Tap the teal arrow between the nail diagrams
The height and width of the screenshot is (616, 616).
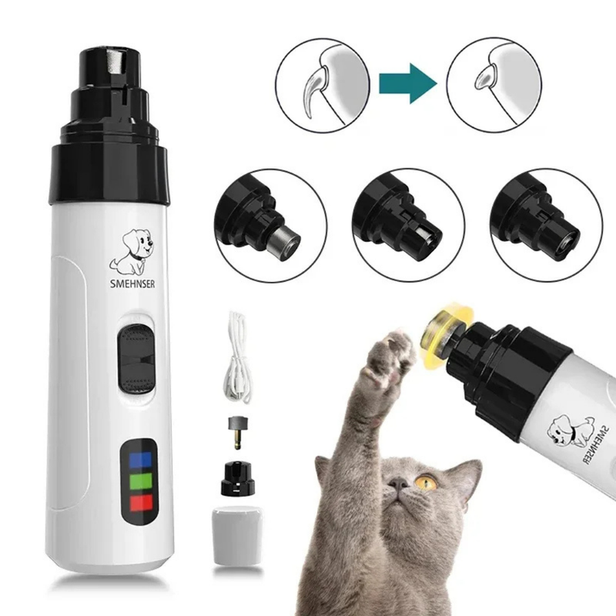[x=407, y=82]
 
